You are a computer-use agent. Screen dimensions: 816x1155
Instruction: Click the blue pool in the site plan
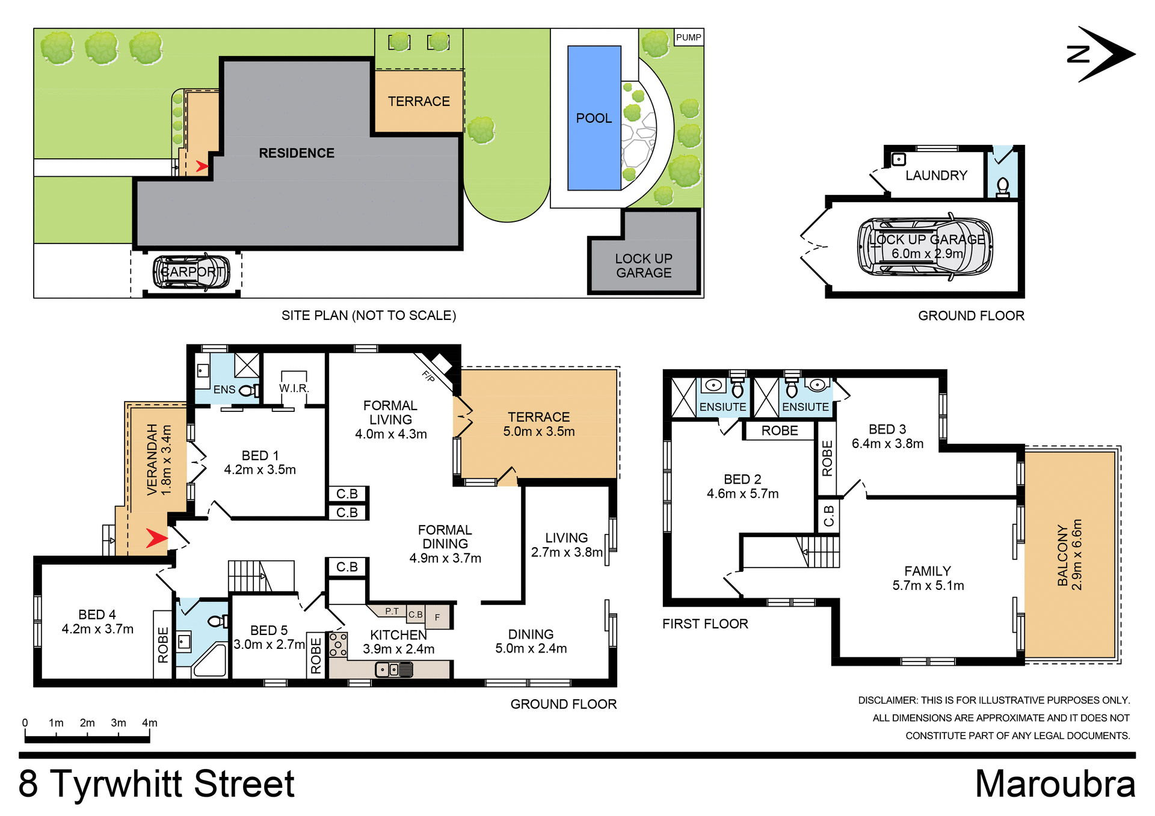(x=594, y=118)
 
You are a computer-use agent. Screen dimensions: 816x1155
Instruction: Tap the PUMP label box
(x=688, y=37)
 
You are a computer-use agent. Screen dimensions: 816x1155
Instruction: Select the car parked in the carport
(x=191, y=272)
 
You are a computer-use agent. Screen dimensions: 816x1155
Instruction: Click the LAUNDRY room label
(x=936, y=176)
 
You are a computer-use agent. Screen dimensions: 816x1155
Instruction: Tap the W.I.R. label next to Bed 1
(x=294, y=388)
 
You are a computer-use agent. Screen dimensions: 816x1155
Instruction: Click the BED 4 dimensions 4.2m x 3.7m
(x=97, y=629)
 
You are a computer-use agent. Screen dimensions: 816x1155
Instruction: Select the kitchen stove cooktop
(x=338, y=644)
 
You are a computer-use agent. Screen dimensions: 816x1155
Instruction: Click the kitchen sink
(x=394, y=669)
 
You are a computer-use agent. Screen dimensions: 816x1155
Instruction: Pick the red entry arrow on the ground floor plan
(x=156, y=538)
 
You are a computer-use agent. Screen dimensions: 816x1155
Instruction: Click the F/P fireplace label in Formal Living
(x=428, y=376)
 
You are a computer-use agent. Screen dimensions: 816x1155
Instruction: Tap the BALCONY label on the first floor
(x=1062, y=555)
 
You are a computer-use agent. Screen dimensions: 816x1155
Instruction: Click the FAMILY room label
(x=928, y=571)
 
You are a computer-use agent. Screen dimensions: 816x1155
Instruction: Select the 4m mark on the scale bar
(x=149, y=723)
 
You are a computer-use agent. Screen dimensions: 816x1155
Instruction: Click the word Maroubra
(x=1055, y=784)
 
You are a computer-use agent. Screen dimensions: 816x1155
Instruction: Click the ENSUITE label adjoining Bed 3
(x=805, y=407)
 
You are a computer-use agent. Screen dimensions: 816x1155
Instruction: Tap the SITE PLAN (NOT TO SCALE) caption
(x=369, y=316)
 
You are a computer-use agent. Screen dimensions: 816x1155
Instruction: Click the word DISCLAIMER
(x=887, y=701)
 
